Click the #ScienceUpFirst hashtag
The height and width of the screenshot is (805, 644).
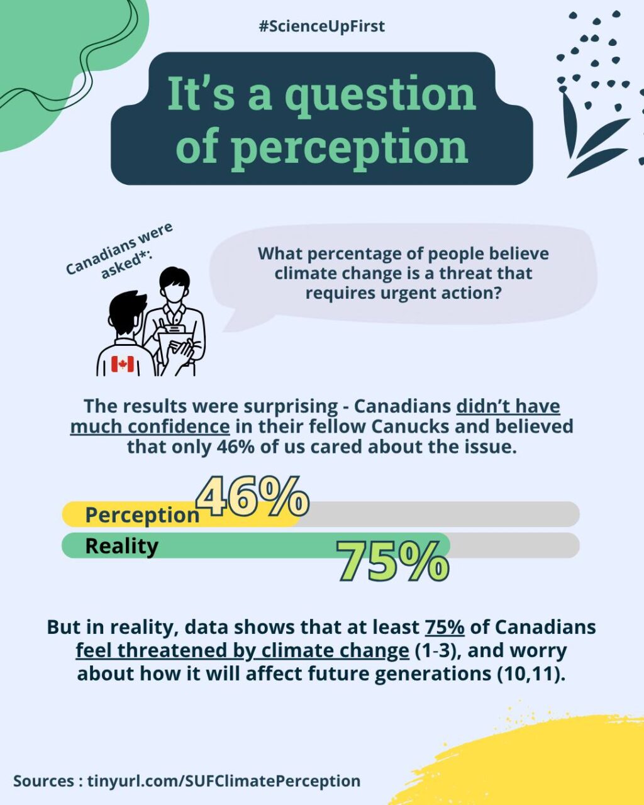(321, 26)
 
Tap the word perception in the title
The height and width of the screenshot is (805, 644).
(349, 147)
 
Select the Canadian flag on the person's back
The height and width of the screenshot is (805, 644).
(123, 364)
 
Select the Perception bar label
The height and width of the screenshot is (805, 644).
(142, 515)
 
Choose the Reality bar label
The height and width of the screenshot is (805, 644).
(121, 546)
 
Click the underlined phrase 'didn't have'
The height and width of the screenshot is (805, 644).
(508, 406)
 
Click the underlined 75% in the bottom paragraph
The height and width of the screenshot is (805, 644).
(445, 627)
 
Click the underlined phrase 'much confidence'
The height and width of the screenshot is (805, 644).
(150, 426)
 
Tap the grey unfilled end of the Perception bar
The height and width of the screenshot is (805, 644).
(440, 514)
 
